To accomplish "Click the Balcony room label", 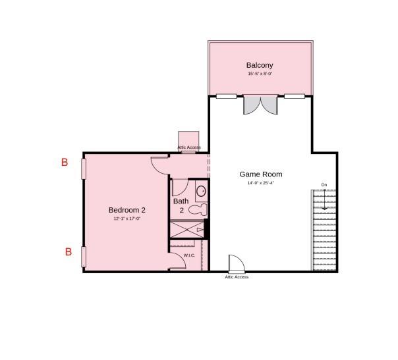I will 260,65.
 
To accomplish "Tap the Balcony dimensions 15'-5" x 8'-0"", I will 260,74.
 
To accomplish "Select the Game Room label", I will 260,174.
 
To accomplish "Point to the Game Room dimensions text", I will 260,184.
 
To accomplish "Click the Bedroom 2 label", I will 127,210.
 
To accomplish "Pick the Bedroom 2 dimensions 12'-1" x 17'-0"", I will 127,219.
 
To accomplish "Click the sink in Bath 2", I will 202,192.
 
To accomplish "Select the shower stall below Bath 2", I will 186,229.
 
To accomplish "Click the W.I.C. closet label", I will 189,255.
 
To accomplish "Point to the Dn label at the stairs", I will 324,185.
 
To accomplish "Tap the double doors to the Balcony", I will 261,105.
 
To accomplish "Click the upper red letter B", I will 65,162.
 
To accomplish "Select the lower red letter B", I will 68,251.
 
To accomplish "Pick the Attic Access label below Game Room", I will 237,277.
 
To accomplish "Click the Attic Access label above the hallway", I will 189,147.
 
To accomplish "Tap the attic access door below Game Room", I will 236,264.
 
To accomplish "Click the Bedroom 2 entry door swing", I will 159,164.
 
